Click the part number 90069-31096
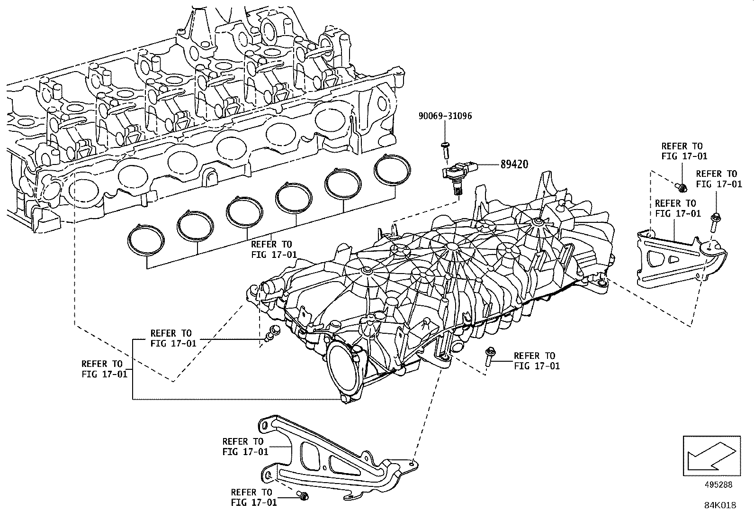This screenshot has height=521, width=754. coord(445,116)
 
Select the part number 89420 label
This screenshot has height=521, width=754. coord(514,165)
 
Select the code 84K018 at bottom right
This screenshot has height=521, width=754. coord(720,505)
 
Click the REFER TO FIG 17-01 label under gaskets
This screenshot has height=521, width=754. coord(273,249)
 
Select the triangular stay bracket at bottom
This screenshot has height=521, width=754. coord(332,455)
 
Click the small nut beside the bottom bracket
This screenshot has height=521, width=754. coord(303,496)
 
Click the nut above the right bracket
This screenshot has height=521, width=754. coord(682,188)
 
